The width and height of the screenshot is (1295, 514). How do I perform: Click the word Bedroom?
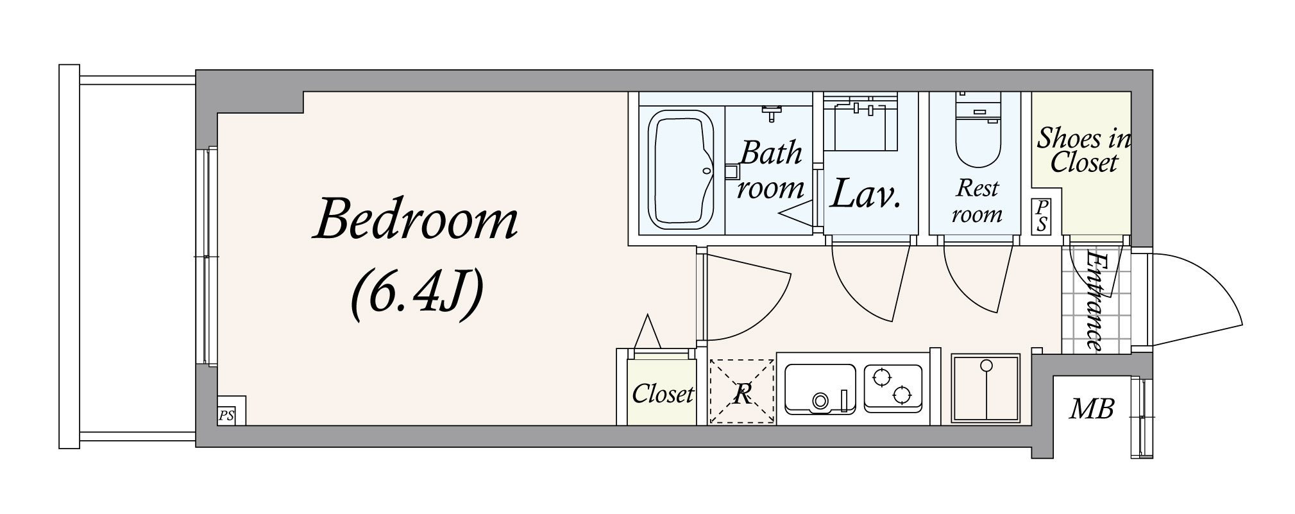click(x=416, y=221)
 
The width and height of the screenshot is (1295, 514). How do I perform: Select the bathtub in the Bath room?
click(x=682, y=171)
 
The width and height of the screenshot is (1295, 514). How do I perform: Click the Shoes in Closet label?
click(x=1084, y=150)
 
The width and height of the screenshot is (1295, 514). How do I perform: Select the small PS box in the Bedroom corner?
click(x=226, y=415)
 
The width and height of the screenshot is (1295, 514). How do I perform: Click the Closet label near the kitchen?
click(x=663, y=393)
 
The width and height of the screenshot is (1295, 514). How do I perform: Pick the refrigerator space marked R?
click(x=741, y=392)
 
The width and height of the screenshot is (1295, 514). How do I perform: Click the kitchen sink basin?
click(x=820, y=388)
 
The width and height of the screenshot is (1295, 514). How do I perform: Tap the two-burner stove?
click(x=893, y=387)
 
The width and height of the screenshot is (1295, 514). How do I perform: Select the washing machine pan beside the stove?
click(x=985, y=388)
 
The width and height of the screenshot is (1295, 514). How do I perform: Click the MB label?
click(x=1092, y=408)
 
